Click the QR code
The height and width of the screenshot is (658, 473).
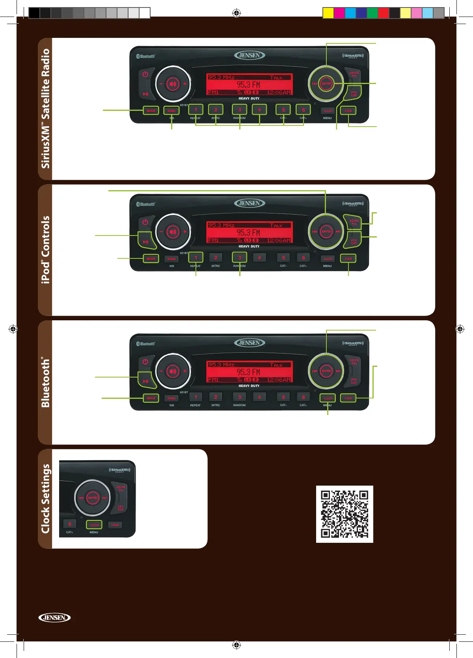pyautogui.click(x=345, y=514)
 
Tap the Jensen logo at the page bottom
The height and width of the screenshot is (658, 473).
pyautogui.click(x=54, y=617)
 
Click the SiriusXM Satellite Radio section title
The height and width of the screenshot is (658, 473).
pyautogui.click(x=46, y=108)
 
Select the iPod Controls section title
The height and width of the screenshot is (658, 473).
pyautogui.click(x=46, y=250)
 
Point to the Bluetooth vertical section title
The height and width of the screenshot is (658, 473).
pyautogui.click(x=46, y=382)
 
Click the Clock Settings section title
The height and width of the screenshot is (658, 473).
pyautogui.click(x=46, y=499)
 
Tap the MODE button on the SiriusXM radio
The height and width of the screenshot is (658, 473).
pyautogui.click(x=151, y=111)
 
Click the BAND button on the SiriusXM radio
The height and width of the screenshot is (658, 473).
pyautogui.click(x=171, y=111)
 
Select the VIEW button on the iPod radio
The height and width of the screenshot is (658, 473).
pyautogui.click(x=348, y=259)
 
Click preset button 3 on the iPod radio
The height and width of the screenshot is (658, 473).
pyautogui.click(x=239, y=258)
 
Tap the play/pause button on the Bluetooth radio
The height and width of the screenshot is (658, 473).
pyautogui.click(x=145, y=381)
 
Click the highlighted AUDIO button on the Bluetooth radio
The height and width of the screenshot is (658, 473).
pyautogui.click(x=328, y=398)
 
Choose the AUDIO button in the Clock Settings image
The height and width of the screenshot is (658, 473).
pyautogui.click(x=94, y=525)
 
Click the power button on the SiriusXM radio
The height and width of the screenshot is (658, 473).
pyautogui.click(x=145, y=74)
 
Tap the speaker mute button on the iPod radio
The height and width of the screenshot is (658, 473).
pyautogui.click(x=173, y=232)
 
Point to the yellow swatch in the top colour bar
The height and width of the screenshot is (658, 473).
pyautogui.click(x=328, y=13)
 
